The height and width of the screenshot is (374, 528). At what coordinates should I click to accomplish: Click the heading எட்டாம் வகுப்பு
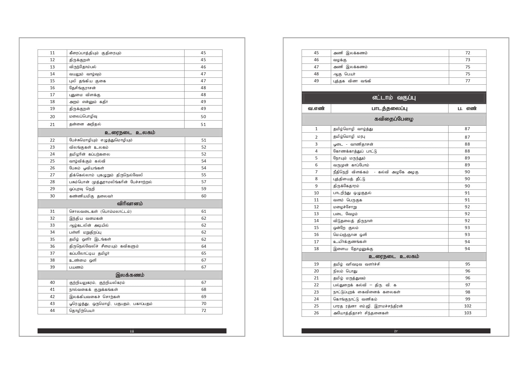[x=394, y=98]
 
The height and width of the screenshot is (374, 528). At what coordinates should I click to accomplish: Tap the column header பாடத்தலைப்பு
[x=389, y=108]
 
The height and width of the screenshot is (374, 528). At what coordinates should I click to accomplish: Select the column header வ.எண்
[x=316, y=108]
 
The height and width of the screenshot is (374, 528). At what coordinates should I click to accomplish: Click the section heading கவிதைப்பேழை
[x=394, y=119]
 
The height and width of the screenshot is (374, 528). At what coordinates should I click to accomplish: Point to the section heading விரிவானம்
[x=130, y=204]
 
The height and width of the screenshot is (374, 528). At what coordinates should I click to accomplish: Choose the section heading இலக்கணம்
[x=130, y=275]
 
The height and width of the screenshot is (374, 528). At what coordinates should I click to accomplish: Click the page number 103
[x=467, y=313]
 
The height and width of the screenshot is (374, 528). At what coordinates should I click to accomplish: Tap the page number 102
[x=467, y=306]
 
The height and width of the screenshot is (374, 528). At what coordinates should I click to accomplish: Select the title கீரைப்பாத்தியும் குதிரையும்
[x=95, y=53]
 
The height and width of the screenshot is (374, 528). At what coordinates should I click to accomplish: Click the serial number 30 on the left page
[x=52, y=196]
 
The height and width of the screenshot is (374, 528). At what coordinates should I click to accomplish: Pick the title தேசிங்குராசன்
[x=82, y=88]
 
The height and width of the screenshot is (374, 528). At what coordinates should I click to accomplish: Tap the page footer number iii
[x=132, y=331]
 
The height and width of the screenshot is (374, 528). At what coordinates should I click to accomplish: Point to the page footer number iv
[x=396, y=331]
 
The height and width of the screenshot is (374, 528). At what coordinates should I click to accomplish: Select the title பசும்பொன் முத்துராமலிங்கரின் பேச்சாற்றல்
[x=110, y=182]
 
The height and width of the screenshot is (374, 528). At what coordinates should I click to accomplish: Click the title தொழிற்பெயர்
[x=82, y=310]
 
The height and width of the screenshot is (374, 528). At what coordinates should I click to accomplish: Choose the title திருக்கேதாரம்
[x=346, y=186]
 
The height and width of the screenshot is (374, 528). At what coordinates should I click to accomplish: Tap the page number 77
[x=467, y=81]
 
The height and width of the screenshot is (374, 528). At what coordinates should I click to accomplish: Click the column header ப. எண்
[x=467, y=108]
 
